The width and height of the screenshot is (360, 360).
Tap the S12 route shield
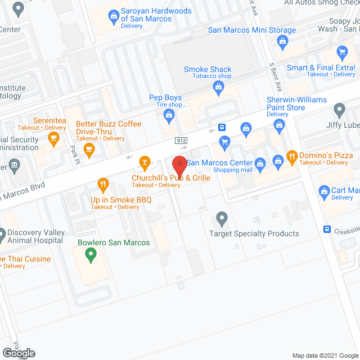point(181,140)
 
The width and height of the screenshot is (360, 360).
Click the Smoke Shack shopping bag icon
point(217,87)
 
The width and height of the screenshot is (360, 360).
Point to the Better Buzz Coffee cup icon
point(88,149)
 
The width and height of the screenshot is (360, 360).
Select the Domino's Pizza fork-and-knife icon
point(291,156)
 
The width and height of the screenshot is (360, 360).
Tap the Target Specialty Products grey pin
point(222,217)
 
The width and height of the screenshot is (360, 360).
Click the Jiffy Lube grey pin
point(339,109)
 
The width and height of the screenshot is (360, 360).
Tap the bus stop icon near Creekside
point(327,229)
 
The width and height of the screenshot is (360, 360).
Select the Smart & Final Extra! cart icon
point(341,53)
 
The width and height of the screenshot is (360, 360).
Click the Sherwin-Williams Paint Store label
point(285,103)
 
